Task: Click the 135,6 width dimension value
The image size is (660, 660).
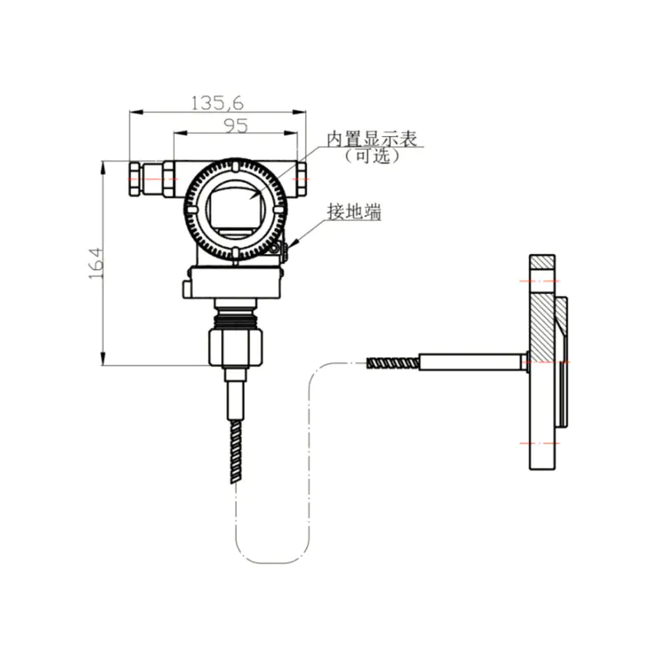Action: coord(217,103)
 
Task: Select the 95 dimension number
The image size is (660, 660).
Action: coord(236,126)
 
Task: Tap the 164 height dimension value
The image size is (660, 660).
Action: coord(96,263)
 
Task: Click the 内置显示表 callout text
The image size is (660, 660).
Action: coord(372,139)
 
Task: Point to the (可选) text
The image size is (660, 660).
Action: coord(372,156)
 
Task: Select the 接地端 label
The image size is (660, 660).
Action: coord(355,211)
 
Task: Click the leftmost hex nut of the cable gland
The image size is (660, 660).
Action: coord(134,179)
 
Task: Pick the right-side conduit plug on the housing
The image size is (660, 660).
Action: coord(301,179)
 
